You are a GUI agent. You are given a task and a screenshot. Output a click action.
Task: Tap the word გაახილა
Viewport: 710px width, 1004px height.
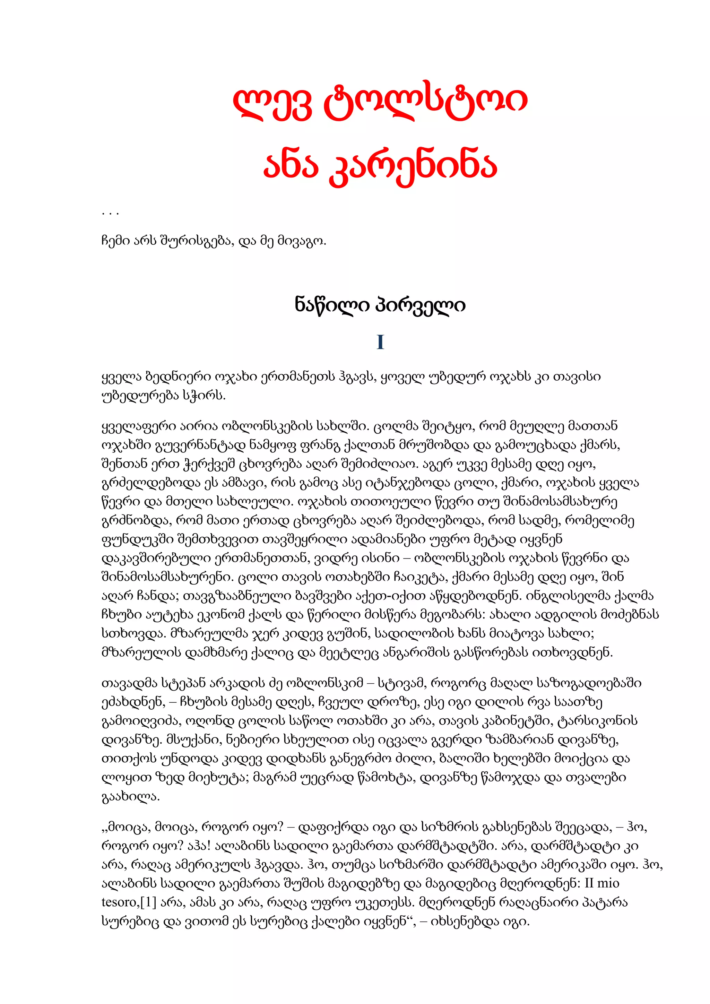point(130,797)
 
